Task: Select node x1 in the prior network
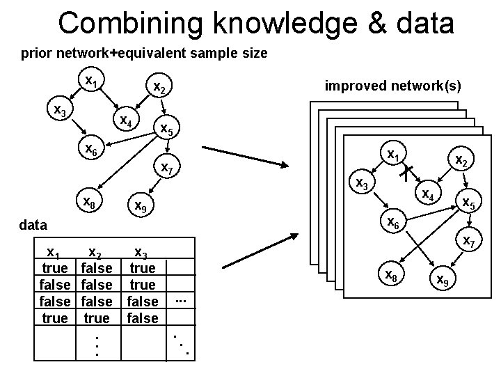tap(90, 81)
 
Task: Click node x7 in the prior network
tap(168, 168)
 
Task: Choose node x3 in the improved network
tap(362, 183)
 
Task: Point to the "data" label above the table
tap(33, 225)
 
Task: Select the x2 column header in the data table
tap(95, 253)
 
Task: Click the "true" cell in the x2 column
tap(96, 318)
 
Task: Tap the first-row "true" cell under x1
tap(55, 268)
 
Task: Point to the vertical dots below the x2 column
tap(96, 345)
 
